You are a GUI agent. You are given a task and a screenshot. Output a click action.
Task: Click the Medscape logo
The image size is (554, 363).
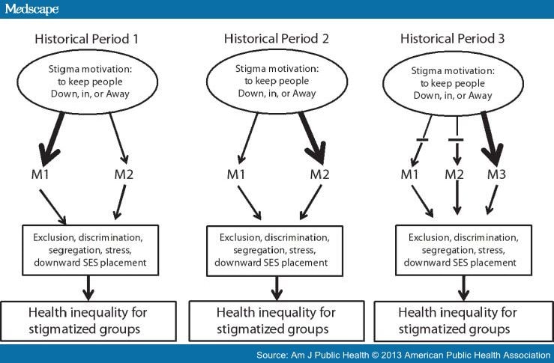coord(31,9)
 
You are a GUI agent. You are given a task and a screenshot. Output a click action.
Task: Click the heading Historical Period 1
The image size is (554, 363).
coord(86,39)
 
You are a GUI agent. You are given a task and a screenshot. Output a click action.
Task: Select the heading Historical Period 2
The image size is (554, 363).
coord(277,38)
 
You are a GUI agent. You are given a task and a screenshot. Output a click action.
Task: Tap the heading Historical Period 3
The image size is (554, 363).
coord(452,38)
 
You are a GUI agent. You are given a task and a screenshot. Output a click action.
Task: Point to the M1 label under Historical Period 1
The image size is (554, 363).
coord(40,174)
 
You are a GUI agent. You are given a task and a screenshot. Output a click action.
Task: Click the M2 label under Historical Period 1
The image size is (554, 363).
coord(124,174)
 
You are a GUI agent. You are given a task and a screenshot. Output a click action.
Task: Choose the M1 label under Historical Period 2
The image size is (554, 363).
coord(235,174)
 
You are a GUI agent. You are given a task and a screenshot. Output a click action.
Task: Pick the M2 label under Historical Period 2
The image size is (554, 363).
coord(319,174)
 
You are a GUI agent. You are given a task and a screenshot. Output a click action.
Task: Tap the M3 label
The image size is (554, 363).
coord(496,174)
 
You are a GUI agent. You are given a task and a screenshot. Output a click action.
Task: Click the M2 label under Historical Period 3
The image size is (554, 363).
coord(454,174)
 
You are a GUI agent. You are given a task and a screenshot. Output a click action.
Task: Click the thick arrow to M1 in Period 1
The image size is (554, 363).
coord(52,139)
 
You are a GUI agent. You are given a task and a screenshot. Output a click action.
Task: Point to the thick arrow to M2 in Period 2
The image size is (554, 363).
coord(312,138)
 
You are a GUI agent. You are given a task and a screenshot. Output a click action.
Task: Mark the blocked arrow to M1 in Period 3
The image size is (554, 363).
coord(421,141)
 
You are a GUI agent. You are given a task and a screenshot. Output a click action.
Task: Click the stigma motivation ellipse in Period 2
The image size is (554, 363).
coord(277,81)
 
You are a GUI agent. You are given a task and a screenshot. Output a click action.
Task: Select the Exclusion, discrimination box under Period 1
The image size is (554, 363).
coord(91,250)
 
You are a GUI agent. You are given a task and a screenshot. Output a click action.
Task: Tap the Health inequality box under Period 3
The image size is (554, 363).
coord(463,321)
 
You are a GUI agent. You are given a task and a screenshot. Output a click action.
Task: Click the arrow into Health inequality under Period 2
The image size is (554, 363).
coord(277,288)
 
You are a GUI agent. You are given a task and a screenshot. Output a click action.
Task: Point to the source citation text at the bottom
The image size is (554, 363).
coord(403,355)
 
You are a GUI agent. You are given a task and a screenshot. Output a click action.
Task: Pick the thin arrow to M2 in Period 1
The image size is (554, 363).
coord(118,138)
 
